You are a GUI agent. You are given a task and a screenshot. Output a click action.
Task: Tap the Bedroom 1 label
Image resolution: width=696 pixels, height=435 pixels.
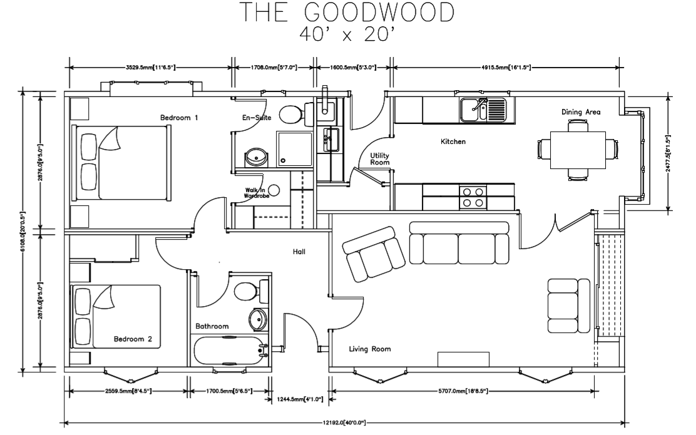(x=179, y=117)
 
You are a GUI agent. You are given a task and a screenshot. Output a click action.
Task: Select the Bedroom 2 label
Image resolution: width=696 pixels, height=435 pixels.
(x=133, y=339)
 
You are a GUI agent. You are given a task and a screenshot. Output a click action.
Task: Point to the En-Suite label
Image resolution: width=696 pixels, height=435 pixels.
(x=256, y=117)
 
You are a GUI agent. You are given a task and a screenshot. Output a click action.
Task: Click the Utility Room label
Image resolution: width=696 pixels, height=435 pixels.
(x=380, y=158)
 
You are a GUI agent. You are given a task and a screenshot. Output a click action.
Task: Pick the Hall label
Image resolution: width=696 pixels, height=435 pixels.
(x=299, y=252)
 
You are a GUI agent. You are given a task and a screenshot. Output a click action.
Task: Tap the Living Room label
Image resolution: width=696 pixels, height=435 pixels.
(x=370, y=349)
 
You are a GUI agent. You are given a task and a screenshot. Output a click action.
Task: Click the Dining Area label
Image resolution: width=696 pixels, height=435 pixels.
(x=581, y=112)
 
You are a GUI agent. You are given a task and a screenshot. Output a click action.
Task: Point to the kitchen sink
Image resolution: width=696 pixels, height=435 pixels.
(x=483, y=110)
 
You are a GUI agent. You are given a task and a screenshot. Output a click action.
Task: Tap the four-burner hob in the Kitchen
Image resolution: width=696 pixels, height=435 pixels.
(x=473, y=197)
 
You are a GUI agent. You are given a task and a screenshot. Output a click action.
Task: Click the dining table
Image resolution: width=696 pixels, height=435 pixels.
(x=577, y=150)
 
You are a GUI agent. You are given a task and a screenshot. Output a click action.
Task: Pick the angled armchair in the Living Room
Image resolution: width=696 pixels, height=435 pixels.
(x=374, y=253)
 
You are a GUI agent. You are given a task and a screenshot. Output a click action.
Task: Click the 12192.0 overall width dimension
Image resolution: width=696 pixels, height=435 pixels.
(x=344, y=422)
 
